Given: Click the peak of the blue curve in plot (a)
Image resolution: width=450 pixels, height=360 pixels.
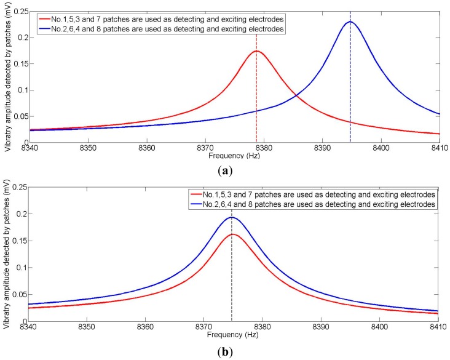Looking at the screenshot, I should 350,22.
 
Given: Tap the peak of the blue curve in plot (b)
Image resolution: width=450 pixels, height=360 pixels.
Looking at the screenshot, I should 231,217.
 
